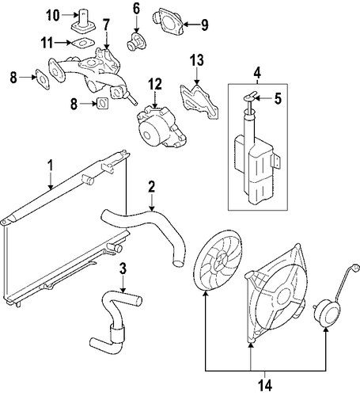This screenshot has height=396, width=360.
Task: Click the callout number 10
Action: pos(53,15)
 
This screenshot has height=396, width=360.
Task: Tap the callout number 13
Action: pos(197,60)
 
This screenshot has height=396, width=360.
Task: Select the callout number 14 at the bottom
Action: pos(265,386)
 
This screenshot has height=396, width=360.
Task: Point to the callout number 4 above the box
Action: pos(257,73)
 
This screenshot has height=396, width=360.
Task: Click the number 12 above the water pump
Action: pos(154,84)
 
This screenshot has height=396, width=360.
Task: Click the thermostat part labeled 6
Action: pos(136,42)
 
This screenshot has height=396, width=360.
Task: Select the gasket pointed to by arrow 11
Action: pos(82,44)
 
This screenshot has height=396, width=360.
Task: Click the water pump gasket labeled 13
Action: pos(199,101)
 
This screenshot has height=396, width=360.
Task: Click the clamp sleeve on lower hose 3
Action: pos(117,334)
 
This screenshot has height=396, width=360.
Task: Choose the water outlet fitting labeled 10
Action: pos(83,22)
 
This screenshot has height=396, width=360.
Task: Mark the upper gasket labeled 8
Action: pos(42,79)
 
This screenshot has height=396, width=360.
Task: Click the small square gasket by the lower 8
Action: pos(103,103)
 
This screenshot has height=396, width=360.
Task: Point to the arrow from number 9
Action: pos(191,25)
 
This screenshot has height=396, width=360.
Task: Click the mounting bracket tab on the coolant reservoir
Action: pos(276,161)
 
